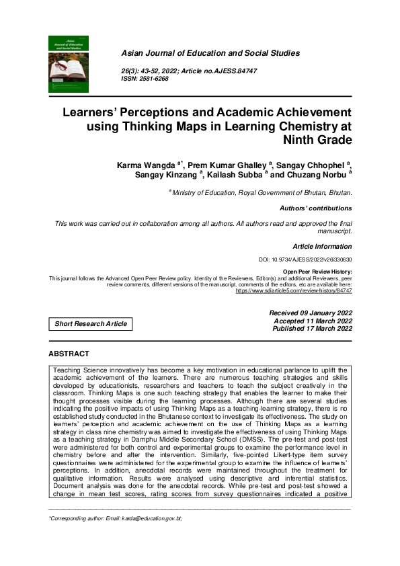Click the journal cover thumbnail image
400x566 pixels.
point(69,64)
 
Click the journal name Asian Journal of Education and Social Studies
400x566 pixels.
point(210,53)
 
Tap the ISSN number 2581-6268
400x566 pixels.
point(157,79)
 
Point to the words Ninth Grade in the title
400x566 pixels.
point(317,140)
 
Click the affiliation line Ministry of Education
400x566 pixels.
point(263,192)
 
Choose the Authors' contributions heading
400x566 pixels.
point(315,208)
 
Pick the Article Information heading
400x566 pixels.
point(322,247)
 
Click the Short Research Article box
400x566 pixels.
point(91,324)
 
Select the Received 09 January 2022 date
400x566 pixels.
point(311,313)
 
